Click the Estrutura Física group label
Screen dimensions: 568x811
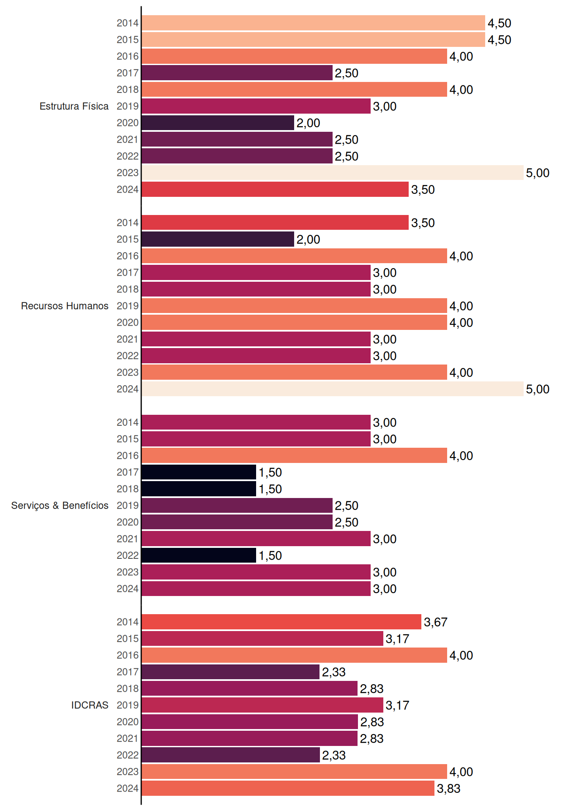(74, 106)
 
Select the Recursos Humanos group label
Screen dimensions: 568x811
(65, 306)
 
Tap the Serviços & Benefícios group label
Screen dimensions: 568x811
(60, 506)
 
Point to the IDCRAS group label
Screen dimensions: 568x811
(90, 705)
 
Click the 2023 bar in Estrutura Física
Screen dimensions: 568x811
(333, 173)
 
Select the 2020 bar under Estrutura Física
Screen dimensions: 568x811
(218, 123)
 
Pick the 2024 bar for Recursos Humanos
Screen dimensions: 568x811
(333, 389)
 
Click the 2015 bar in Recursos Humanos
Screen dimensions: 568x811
(218, 239)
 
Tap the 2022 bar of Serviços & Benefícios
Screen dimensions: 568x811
(199, 555)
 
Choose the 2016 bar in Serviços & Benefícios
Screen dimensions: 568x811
(295, 455)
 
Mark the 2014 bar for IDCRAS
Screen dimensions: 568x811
(282, 622)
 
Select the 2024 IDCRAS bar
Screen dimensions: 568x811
(288, 788)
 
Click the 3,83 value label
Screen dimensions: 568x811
(449, 789)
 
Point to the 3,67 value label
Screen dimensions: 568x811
(436, 622)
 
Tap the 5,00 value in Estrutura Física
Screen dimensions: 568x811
(538, 173)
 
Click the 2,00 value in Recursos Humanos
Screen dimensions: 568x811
(309, 239)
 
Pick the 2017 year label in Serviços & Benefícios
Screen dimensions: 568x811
(128, 472)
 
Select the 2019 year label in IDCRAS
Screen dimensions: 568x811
(128, 705)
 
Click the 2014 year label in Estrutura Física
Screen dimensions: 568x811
(128, 23)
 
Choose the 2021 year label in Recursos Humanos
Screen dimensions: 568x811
(128, 339)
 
